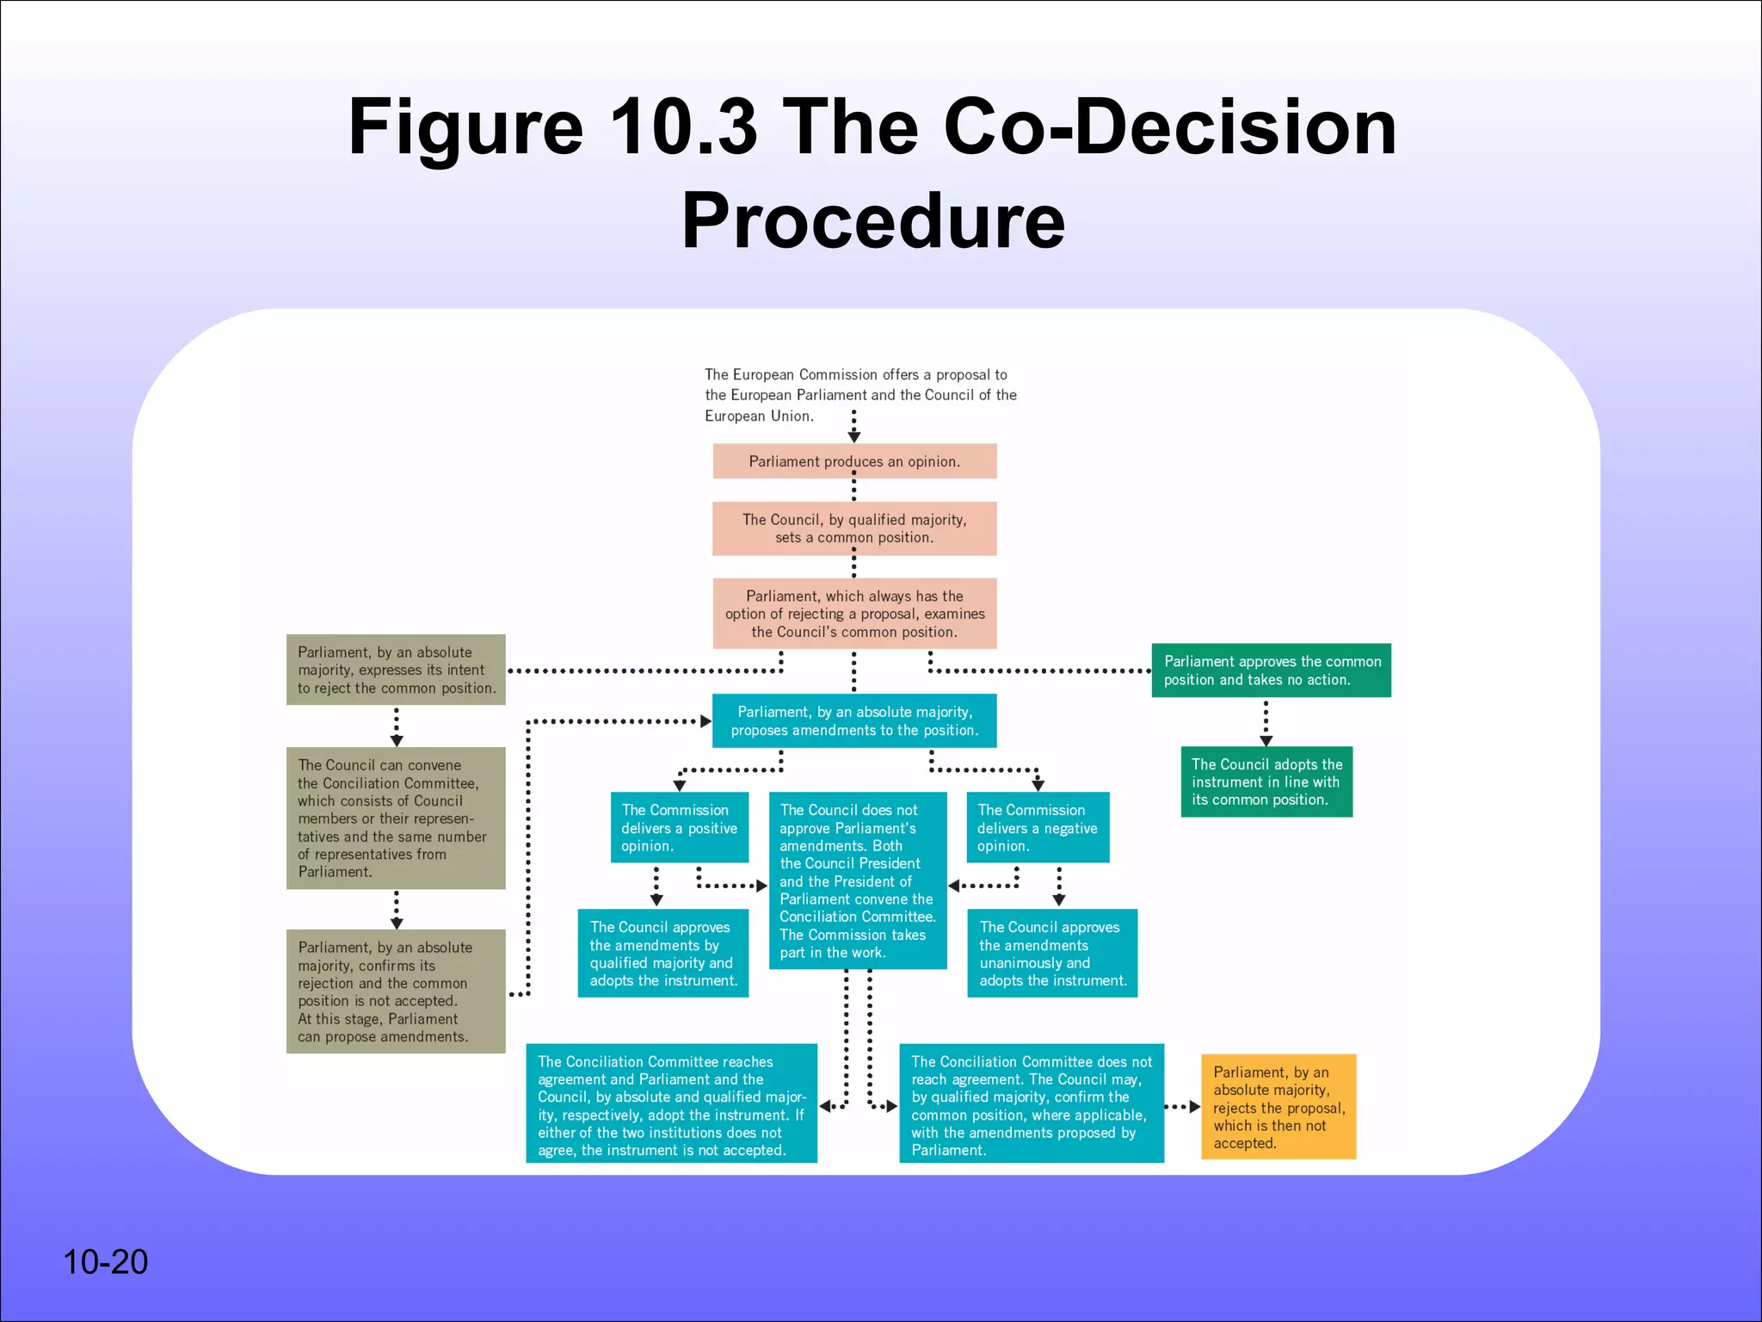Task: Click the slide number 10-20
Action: coord(105,1262)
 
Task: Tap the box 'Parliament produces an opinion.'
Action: coord(854,461)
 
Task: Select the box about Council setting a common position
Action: coord(854,528)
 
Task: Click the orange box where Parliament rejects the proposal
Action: coord(1278,1107)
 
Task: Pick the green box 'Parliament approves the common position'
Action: coord(1271,670)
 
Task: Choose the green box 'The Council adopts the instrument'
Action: coord(1266,781)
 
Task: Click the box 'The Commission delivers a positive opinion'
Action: coord(679,827)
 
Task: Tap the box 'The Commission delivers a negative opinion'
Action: coord(1037,827)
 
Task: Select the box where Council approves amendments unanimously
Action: coord(1052,954)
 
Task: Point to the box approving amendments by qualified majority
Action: coord(662,954)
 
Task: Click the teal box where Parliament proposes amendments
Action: coord(854,720)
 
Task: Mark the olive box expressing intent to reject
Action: coord(396,670)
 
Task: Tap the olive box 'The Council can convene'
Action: coord(396,818)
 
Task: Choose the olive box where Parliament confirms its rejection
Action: coord(396,991)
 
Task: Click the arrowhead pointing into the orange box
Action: coord(1194,1107)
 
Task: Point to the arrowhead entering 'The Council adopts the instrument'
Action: coord(1266,740)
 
